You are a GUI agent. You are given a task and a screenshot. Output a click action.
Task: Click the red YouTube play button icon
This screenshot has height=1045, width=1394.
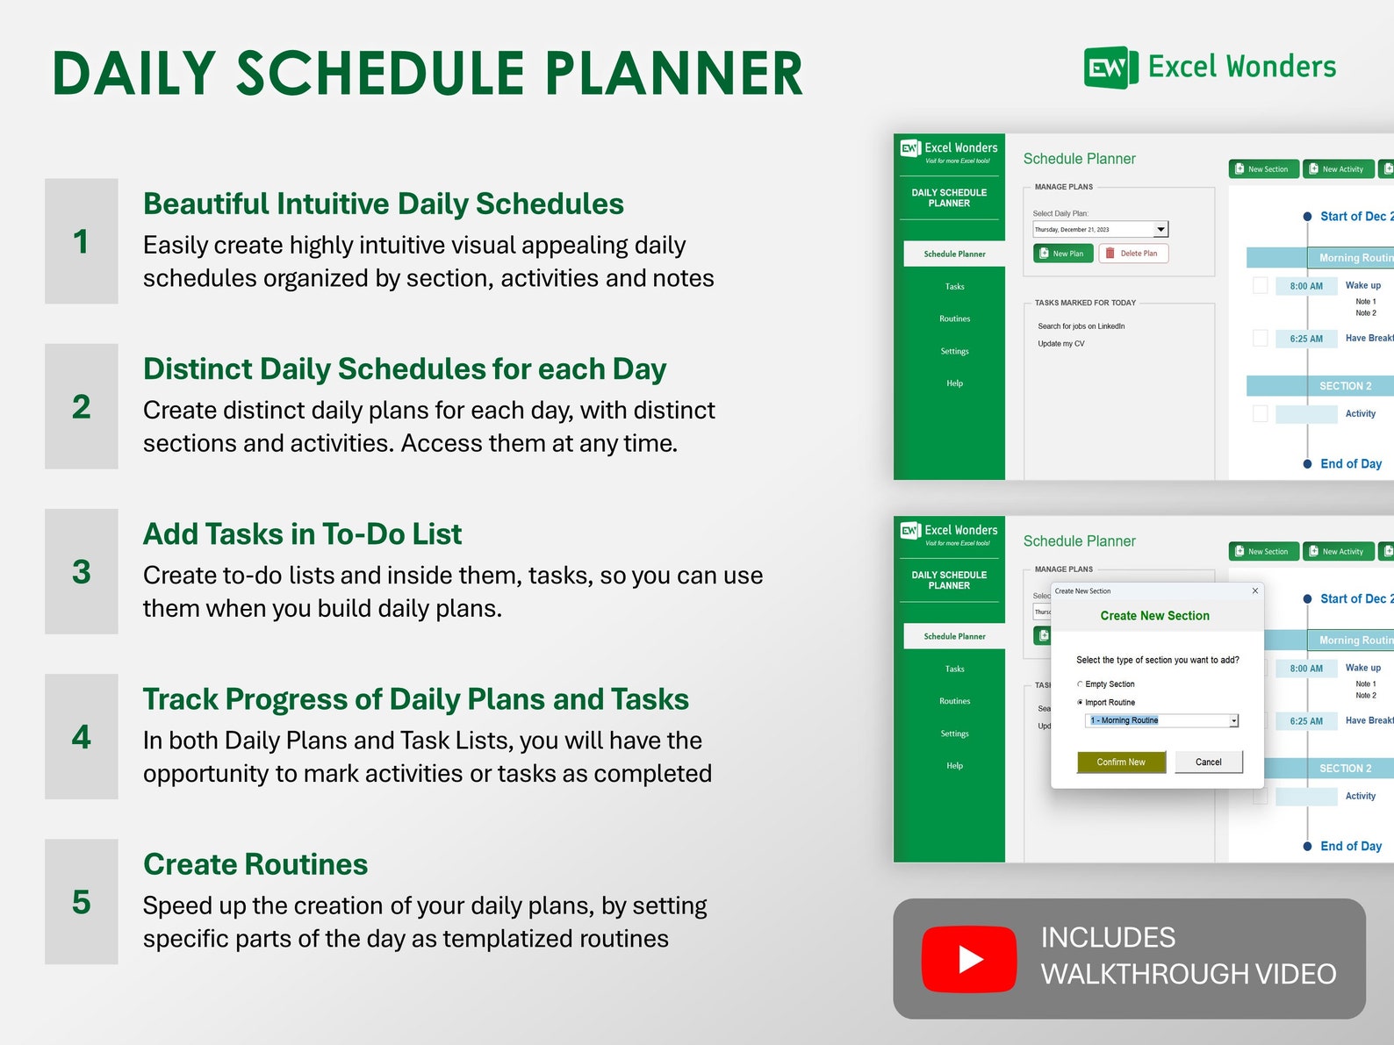[968, 958]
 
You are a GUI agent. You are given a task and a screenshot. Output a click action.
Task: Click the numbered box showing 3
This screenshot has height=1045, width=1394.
[82, 571]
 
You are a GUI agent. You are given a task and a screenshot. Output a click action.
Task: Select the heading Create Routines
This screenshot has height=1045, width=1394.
[255, 864]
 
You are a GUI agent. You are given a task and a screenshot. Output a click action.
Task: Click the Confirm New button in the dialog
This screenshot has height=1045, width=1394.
[1121, 762]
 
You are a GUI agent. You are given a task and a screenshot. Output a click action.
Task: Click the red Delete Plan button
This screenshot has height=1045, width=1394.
[1132, 254]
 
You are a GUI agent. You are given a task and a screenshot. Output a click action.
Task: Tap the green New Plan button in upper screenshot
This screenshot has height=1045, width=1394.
[1062, 254]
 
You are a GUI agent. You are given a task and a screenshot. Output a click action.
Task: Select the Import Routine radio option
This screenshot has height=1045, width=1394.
[1080, 703]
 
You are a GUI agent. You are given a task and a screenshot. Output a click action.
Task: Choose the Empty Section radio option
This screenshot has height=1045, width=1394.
[1080, 684]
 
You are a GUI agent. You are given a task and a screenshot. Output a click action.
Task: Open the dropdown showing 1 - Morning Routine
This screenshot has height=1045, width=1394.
[1232, 721]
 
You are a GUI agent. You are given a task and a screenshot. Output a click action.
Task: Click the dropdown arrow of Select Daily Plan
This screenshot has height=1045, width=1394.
[1160, 230]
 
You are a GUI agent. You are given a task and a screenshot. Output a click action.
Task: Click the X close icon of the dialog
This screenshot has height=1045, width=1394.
[1254, 590]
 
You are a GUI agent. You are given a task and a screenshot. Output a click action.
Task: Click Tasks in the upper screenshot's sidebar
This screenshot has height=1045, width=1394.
[954, 287]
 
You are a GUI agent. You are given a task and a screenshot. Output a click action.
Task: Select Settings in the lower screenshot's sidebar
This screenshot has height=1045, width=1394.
[954, 734]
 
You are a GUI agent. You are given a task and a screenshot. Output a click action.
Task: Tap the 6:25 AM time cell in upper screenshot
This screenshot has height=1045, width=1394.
[1305, 339]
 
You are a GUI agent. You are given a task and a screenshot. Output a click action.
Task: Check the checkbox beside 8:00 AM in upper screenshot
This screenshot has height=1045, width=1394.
[1260, 285]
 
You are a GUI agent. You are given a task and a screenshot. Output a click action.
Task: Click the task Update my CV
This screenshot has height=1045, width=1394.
[1060, 344]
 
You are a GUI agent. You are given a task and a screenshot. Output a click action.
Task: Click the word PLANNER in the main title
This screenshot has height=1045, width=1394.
[673, 74]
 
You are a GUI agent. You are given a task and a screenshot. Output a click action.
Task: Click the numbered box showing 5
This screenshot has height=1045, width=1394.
[82, 902]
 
